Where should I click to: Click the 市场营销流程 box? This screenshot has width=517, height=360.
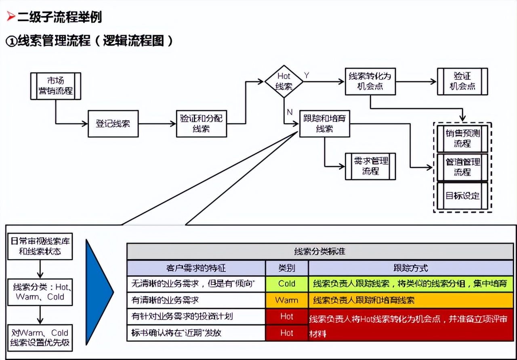click(x=56, y=86)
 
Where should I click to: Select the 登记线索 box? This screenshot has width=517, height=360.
click(x=113, y=124)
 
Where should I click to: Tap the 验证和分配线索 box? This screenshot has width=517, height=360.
click(x=201, y=124)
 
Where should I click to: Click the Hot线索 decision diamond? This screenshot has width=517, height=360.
click(x=284, y=82)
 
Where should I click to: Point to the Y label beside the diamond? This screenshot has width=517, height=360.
click(x=307, y=75)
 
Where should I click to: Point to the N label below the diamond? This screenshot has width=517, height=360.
click(x=289, y=112)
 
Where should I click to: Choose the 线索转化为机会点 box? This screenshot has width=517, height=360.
click(x=370, y=81)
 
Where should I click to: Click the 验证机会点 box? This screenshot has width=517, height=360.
click(x=462, y=81)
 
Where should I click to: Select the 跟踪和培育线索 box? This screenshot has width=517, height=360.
click(x=324, y=124)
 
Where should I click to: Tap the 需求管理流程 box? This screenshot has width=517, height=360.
click(x=370, y=166)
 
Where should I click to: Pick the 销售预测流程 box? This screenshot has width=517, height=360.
click(x=462, y=138)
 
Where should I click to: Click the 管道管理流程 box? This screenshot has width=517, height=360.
click(x=462, y=167)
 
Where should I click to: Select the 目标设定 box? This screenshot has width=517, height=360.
click(x=462, y=196)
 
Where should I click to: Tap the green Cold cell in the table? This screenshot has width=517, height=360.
click(x=287, y=284)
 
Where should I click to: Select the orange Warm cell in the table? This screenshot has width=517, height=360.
click(x=287, y=300)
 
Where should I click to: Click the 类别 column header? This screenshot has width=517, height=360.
click(x=287, y=268)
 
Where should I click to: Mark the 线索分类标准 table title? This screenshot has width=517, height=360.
click(x=320, y=251)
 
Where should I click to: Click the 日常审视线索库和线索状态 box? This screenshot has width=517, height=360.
click(x=40, y=247)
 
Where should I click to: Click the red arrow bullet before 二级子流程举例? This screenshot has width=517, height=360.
click(x=11, y=17)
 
